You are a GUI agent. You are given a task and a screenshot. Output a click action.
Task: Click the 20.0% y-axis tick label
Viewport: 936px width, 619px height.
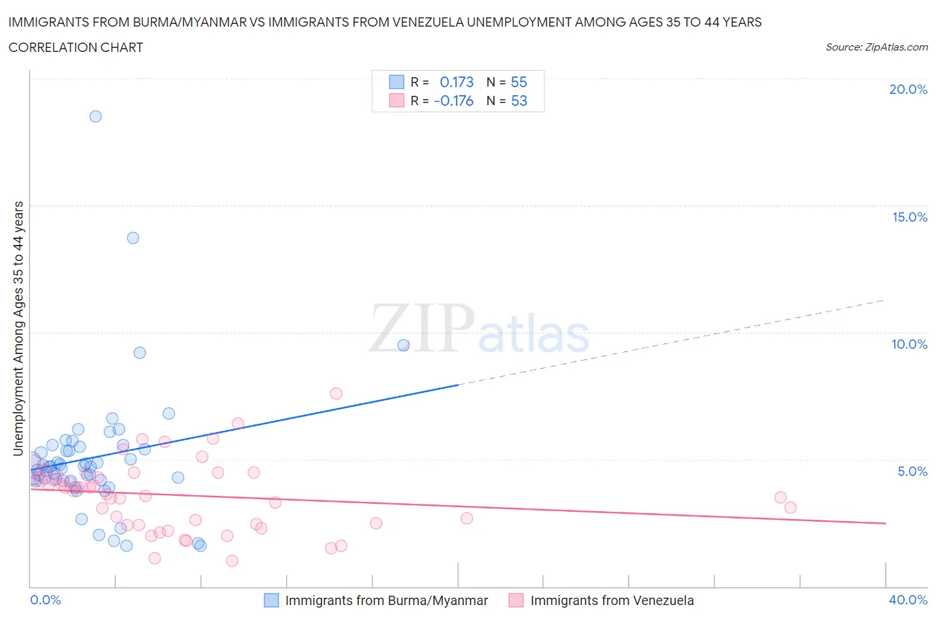click(908, 89)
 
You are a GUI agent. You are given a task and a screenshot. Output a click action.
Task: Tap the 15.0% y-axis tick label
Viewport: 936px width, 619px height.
click(909, 217)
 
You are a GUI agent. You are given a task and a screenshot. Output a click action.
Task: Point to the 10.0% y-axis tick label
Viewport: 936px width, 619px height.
click(909, 344)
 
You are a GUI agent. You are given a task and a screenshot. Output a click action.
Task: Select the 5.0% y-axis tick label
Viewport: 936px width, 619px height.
click(912, 471)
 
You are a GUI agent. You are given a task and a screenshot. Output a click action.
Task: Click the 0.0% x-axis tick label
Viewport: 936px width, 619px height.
click(45, 600)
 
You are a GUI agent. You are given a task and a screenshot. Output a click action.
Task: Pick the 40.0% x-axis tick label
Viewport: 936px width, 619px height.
click(908, 600)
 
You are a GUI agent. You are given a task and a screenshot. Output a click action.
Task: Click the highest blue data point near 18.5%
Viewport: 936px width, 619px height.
click(96, 116)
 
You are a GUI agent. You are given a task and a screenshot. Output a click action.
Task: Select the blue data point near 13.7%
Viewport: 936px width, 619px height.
click(133, 238)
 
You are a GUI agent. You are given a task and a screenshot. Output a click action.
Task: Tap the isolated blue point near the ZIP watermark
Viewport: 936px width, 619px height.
click(403, 345)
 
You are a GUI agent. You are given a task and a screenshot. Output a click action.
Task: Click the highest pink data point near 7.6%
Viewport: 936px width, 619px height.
click(336, 393)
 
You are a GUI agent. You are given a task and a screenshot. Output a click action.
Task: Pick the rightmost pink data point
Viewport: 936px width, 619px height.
click(790, 507)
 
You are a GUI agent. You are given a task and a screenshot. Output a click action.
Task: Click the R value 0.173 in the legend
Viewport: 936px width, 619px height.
click(457, 82)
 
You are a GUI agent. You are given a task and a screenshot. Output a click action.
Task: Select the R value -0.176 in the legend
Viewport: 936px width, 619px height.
click(453, 101)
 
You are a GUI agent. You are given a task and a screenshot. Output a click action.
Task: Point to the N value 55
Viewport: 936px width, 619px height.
click(519, 82)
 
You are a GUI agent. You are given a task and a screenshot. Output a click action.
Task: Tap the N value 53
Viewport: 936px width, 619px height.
click(519, 101)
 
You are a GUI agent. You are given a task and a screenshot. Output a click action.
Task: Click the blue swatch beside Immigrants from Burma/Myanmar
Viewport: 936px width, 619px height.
click(272, 600)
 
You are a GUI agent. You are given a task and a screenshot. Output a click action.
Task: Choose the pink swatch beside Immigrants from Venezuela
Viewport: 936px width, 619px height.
click(516, 600)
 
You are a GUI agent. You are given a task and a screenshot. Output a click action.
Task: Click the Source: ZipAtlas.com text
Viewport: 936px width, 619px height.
click(876, 47)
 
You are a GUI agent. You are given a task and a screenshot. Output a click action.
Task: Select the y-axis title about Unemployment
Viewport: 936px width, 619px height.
click(19, 329)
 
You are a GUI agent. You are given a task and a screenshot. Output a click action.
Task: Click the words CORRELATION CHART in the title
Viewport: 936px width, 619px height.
click(76, 47)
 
